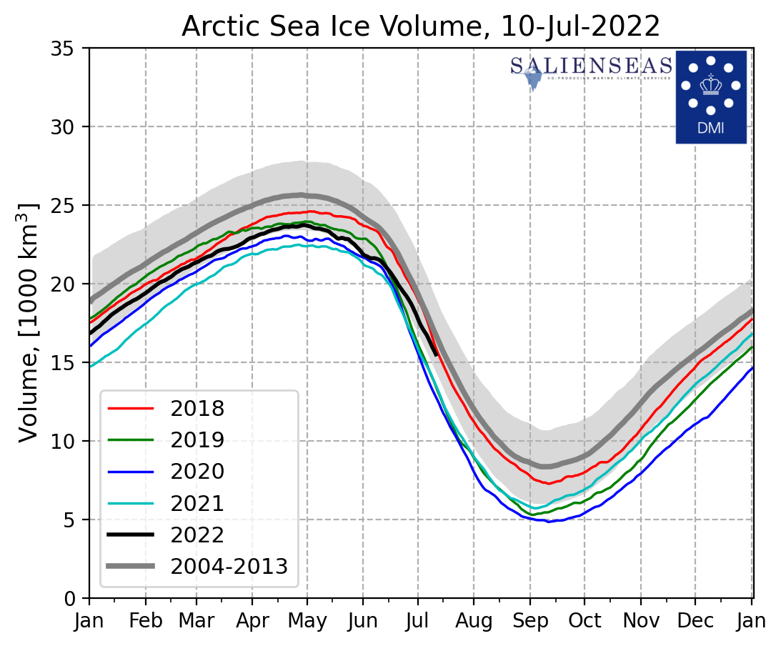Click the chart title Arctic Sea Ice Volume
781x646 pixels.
pos(420,26)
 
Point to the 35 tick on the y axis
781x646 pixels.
pos(69,49)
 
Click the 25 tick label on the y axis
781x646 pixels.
pos(69,206)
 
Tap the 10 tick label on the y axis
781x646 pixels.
pos(69,442)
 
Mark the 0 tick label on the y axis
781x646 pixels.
pos(74,599)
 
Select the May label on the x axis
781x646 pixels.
pos(307,620)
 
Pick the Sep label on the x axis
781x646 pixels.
pos(529,620)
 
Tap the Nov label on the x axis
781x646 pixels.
pos(640,620)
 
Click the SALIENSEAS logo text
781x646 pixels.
pos(591,66)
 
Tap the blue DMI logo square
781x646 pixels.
pos(711,96)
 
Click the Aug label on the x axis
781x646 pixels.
pos(473,620)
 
